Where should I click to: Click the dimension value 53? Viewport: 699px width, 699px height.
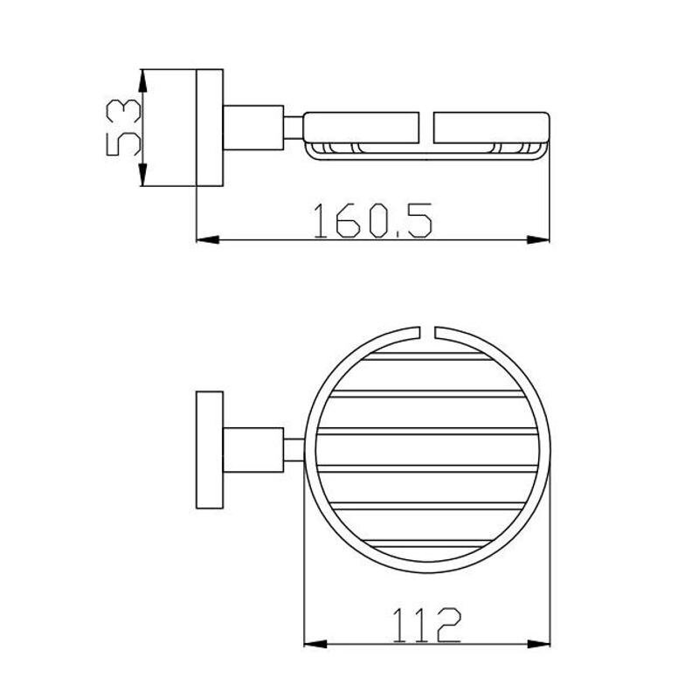click(124, 128)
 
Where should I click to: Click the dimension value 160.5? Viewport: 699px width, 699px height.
click(373, 220)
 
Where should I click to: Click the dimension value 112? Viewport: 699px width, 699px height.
click(426, 625)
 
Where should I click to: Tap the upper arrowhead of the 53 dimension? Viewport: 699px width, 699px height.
click(142, 81)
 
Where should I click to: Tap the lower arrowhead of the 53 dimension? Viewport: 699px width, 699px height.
click(142, 175)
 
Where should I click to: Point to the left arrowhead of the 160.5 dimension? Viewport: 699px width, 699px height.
click(208, 239)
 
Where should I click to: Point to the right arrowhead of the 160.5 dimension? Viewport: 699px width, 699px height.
click(538, 239)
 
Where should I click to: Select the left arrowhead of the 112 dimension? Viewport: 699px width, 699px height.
click(315, 644)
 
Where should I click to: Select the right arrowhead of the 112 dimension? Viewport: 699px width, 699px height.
click(538, 644)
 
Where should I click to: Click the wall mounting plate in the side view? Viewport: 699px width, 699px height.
click(210, 128)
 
